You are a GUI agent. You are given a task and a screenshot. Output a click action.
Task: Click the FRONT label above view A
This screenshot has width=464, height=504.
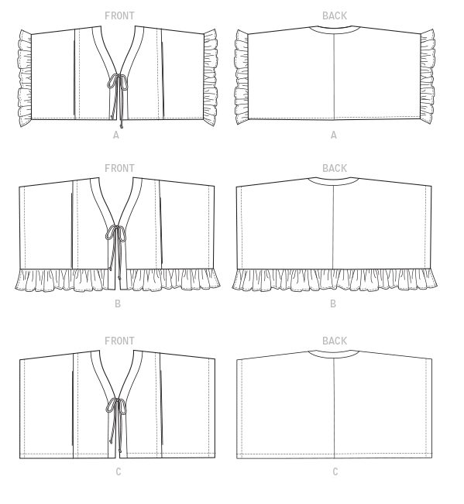pyautogui.click(x=119, y=15)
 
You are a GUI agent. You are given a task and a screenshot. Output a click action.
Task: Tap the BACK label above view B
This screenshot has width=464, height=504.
pyautogui.click(x=335, y=168)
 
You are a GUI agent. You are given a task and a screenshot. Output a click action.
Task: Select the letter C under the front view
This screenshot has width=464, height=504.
pyautogui.click(x=119, y=471)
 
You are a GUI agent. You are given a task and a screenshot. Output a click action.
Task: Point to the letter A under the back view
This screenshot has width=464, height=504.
pyautogui.click(x=334, y=135)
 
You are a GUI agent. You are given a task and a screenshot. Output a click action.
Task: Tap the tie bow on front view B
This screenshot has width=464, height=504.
pyautogui.click(x=115, y=233)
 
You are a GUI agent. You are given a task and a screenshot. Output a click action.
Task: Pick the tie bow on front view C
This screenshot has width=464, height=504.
pyautogui.click(x=116, y=406)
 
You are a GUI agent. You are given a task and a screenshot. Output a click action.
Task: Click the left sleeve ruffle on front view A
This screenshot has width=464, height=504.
pyautogui.click(x=25, y=78)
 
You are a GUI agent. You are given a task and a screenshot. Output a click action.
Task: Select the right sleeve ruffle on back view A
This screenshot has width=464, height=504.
pyautogui.click(x=428, y=77)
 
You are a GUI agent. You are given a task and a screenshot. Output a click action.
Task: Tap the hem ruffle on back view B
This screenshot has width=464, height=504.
pyautogui.click(x=335, y=280)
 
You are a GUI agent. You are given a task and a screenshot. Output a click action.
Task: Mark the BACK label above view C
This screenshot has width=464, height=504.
pyautogui.click(x=335, y=341)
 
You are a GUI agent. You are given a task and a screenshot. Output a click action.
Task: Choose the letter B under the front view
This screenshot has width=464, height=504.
pyautogui.click(x=118, y=303)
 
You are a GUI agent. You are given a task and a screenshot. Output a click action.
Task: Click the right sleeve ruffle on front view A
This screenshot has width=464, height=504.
pyautogui.click(x=211, y=77)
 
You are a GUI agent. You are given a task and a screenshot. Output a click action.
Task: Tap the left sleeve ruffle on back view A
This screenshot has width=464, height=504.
pyautogui.click(x=242, y=77)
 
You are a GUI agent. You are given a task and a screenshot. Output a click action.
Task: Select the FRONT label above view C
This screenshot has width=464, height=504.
pyautogui.click(x=119, y=341)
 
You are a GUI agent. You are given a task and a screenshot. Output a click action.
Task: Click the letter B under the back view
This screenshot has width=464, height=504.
pyautogui.click(x=333, y=303)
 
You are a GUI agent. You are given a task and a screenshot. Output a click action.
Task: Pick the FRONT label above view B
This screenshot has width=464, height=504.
pyautogui.click(x=119, y=168)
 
